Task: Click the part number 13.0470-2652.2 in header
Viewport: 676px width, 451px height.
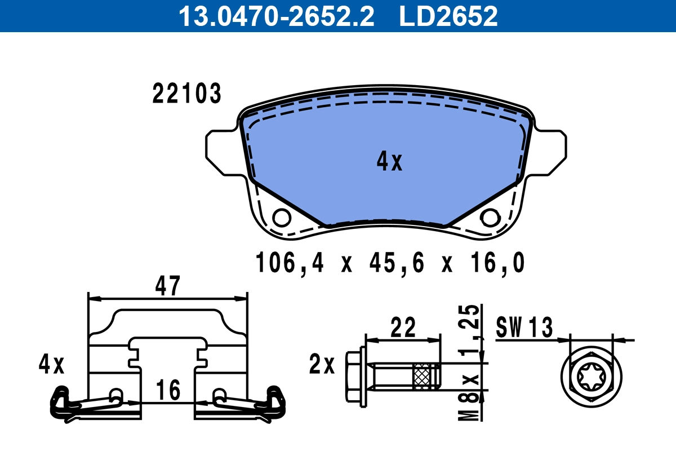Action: click(276, 16)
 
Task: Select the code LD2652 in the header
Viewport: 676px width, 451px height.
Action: click(448, 16)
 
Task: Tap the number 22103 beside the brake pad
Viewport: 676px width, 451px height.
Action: click(186, 94)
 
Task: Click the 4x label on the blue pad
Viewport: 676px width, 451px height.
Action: click(389, 162)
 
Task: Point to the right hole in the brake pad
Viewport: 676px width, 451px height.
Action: click(490, 217)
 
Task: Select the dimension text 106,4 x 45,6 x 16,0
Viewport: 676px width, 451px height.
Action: click(390, 263)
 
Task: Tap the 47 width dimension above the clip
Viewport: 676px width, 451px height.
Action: click(168, 286)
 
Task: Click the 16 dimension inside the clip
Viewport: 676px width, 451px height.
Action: click(168, 390)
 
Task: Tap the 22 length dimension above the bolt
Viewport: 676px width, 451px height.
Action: click(403, 327)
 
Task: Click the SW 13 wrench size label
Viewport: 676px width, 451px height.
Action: click(524, 328)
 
